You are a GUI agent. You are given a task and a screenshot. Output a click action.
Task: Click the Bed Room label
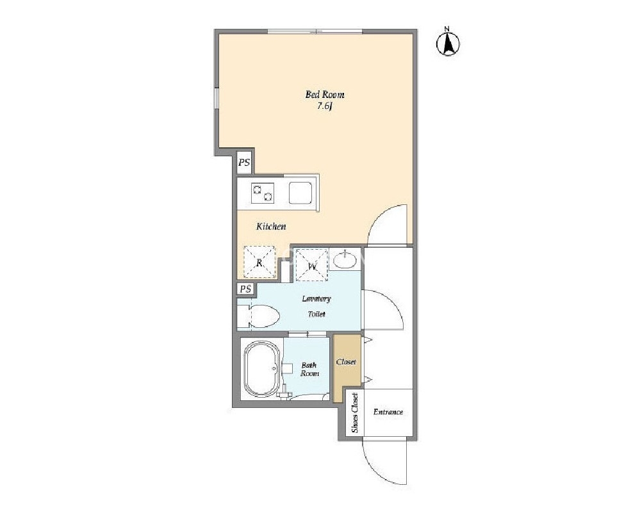(x=325, y=95)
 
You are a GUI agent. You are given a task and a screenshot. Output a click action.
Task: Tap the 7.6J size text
(x=325, y=107)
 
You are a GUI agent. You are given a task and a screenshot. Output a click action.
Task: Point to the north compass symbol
(x=448, y=42)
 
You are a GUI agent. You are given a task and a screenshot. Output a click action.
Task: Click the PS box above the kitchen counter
(x=244, y=163)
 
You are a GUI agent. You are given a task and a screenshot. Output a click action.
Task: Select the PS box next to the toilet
(x=245, y=289)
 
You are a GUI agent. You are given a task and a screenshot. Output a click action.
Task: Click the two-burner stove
(x=263, y=193)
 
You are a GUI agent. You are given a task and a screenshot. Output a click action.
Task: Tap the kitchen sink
(x=300, y=193)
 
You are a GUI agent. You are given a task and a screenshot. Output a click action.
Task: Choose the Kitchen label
(x=271, y=227)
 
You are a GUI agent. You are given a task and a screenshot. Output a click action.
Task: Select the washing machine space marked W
(x=312, y=265)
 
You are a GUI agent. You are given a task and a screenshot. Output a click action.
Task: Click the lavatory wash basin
(x=345, y=260)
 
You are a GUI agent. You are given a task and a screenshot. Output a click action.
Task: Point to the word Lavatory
(x=316, y=298)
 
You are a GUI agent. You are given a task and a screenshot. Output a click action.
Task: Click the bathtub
(x=261, y=370)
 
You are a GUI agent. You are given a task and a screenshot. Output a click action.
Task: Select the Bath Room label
(x=309, y=370)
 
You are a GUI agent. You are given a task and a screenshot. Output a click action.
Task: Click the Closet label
(x=346, y=362)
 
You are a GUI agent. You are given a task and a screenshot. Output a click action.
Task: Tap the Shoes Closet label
(x=355, y=412)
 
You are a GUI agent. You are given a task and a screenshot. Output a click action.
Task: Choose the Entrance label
(x=388, y=412)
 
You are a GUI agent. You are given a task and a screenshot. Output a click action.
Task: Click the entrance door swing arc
(x=376, y=469)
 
